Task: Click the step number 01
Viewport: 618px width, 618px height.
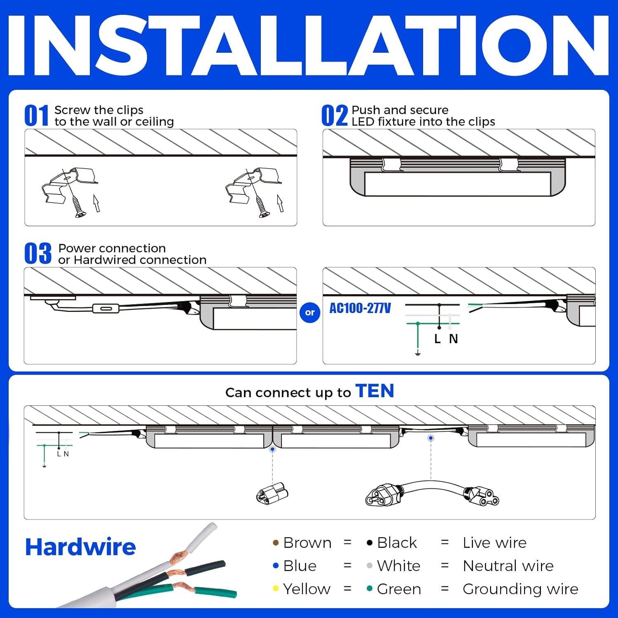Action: point(37,115)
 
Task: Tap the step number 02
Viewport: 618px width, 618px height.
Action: point(335,115)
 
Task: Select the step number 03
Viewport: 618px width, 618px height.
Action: point(38,253)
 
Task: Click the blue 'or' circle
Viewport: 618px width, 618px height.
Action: point(310,312)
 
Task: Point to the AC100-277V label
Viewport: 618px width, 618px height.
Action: point(360,308)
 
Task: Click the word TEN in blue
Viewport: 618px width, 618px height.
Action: point(375,391)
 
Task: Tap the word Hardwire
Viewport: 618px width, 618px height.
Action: point(80,547)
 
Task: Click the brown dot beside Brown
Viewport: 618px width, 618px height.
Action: point(276,543)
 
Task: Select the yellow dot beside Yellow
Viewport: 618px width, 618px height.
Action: point(276,589)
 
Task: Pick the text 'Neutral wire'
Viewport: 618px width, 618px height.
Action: point(508,566)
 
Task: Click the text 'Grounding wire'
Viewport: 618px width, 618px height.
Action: point(520,589)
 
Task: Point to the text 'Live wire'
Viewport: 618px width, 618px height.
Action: point(494,543)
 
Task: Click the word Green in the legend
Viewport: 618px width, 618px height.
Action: point(399,589)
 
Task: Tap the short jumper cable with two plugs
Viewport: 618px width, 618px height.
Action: point(432,493)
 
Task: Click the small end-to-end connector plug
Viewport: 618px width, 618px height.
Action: point(272,493)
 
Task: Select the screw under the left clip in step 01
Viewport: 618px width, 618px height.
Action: point(78,206)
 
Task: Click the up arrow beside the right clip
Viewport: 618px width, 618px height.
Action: point(281,203)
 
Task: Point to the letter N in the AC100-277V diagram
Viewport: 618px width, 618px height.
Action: point(453,339)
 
